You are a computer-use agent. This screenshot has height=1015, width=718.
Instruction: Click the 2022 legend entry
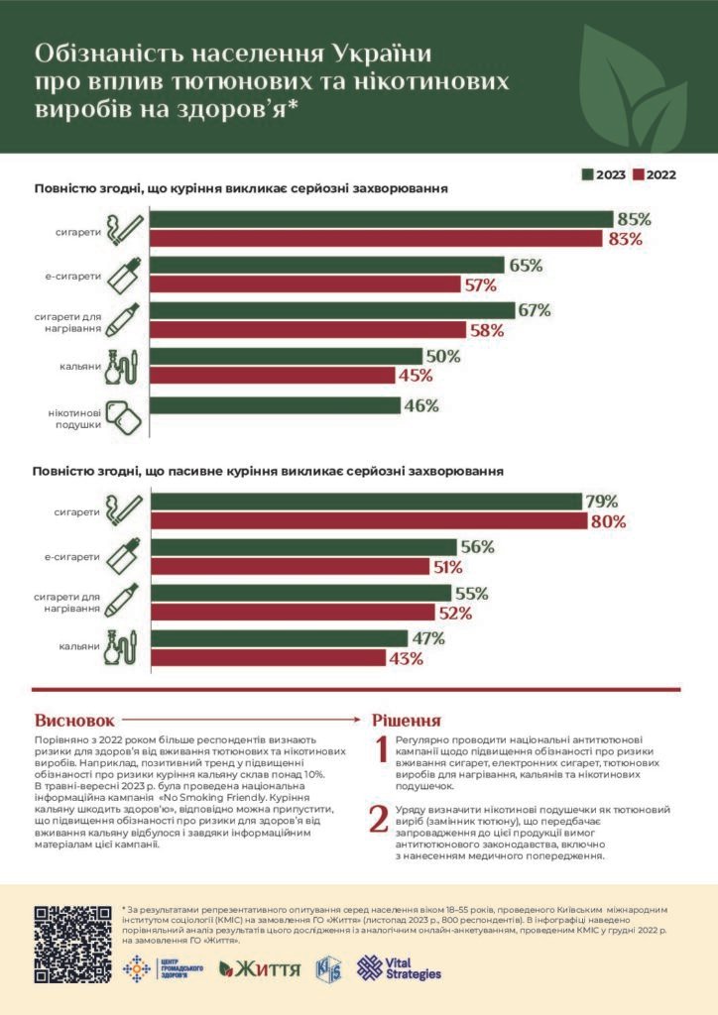point(654,174)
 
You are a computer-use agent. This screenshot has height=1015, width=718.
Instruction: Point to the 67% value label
point(534,310)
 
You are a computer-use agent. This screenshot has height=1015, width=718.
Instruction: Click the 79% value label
point(601,502)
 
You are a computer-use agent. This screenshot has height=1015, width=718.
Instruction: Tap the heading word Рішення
point(406,720)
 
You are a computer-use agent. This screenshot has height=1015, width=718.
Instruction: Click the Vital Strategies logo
point(399,967)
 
